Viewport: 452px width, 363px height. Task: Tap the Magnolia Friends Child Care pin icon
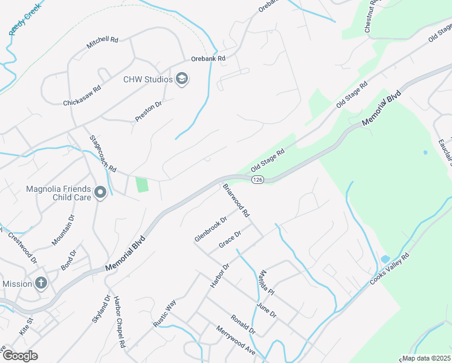[x=100, y=193]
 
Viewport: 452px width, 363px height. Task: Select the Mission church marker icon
[x=40, y=283]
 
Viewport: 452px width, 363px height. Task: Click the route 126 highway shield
[x=257, y=180]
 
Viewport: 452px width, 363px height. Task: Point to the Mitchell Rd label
[x=102, y=42]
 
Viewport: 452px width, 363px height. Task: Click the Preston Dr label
[x=149, y=111]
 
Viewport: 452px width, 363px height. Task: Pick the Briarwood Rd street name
[x=236, y=200]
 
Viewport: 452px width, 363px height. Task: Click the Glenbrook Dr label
[x=210, y=229]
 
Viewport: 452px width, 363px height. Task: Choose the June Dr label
[x=266, y=310]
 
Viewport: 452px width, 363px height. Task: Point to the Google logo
[x=20, y=356]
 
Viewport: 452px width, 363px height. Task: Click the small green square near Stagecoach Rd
[x=142, y=185]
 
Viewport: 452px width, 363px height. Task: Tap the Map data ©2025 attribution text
[x=426, y=358]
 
